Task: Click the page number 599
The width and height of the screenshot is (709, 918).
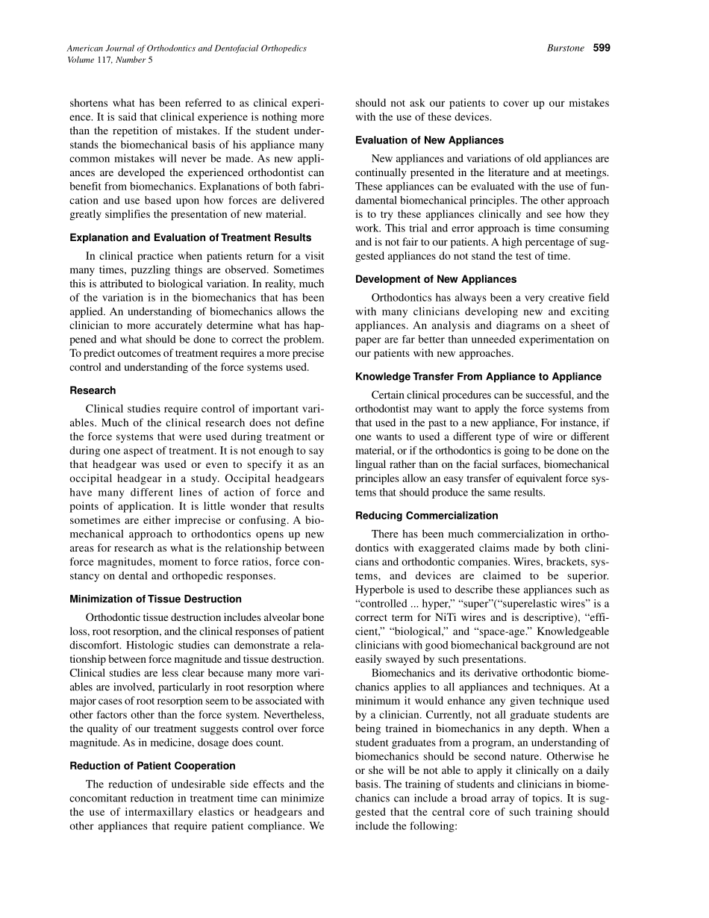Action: [x=602, y=49]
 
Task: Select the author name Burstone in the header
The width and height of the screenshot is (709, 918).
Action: [x=566, y=49]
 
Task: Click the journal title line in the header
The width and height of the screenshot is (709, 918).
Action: [x=187, y=49]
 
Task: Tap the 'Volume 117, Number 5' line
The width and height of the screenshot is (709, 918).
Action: [x=110, y=60]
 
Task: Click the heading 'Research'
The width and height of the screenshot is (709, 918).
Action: [x=93, y=390]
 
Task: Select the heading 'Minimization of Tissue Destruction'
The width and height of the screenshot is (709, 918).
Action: [x=155, y=599]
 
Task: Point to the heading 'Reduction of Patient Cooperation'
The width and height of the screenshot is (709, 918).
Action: [x=152, y=765]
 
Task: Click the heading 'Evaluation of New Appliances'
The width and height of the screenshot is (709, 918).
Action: [x=429, y=140]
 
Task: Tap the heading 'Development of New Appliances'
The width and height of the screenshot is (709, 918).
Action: [x=436, y=279]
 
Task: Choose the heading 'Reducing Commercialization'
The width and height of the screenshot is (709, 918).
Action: [x=426, y=515]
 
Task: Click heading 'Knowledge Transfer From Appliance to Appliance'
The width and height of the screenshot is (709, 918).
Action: [x=478, y=376]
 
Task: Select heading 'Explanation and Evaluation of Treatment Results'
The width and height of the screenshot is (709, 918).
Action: [x=190, y=237]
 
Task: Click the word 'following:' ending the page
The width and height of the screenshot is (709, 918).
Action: [x=431, y=826]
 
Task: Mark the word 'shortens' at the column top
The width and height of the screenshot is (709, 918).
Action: [x=90, y=103]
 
